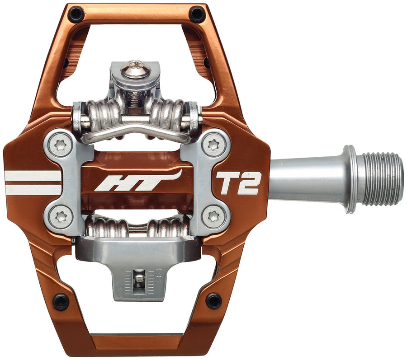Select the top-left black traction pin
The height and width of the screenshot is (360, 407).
(x=76, y=14)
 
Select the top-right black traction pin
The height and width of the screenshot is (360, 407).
(x=197, y=14)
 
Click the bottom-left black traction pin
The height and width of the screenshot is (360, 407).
(x=61, y=301)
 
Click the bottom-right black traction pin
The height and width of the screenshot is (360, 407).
(x=213, y=300)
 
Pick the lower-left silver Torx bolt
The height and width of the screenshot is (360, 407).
(x=61, y=218)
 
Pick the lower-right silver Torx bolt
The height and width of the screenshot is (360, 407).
(x=213, y=218)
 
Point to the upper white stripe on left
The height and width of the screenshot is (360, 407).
(x=33, y=176)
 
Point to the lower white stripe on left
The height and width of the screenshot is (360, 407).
(x=33, y=189)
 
